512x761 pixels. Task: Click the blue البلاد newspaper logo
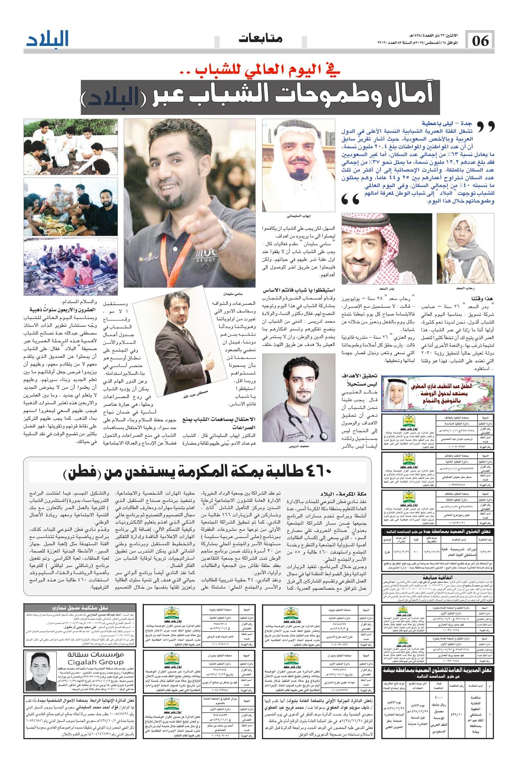48,39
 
